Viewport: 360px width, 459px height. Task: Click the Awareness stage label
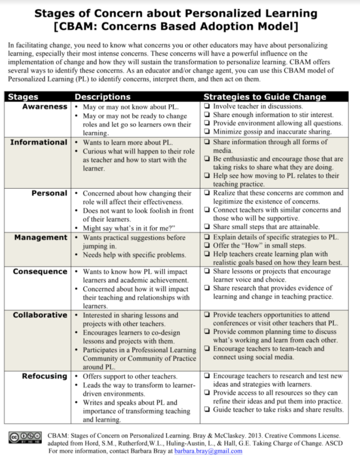tap(45, 107)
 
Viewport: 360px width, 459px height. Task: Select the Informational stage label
tap(38, 142)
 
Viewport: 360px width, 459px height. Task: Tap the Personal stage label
tap(49, 193)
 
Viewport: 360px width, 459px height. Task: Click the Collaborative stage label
tap(40, 315)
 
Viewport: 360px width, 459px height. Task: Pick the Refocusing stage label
tap(44, 376)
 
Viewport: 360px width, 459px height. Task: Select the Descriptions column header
tap(102, 97)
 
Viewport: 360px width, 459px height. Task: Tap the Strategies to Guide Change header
tap(265, 97)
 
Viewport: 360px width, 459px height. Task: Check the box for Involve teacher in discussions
tap(207, 107)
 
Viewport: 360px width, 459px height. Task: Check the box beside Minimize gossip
tap(207, 131)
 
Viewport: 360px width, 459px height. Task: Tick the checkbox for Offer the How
tap(207, 246)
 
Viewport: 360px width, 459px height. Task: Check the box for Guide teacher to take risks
tap(207, 410)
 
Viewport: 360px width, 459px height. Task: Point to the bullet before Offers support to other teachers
tap(78, 376)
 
